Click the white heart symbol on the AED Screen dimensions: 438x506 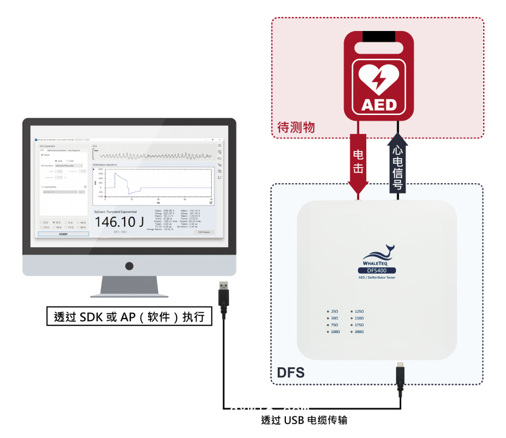pos(378,76)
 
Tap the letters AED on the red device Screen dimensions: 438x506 pos(378,104)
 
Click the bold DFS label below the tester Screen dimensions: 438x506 pos(291,373)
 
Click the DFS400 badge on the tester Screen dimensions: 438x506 pos(377,270)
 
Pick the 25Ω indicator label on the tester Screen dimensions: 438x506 pos(334,312)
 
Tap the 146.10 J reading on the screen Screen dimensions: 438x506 pos(120,222)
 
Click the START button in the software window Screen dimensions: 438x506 pos(63,234)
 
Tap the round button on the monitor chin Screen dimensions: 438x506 pos(129,266)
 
